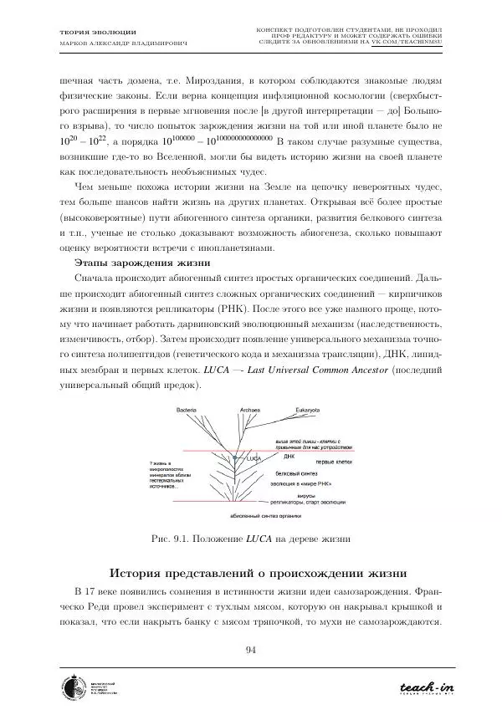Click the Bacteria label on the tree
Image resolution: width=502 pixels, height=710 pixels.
tap(186, 410)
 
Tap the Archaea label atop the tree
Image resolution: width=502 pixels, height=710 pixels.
tap(250, 410)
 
